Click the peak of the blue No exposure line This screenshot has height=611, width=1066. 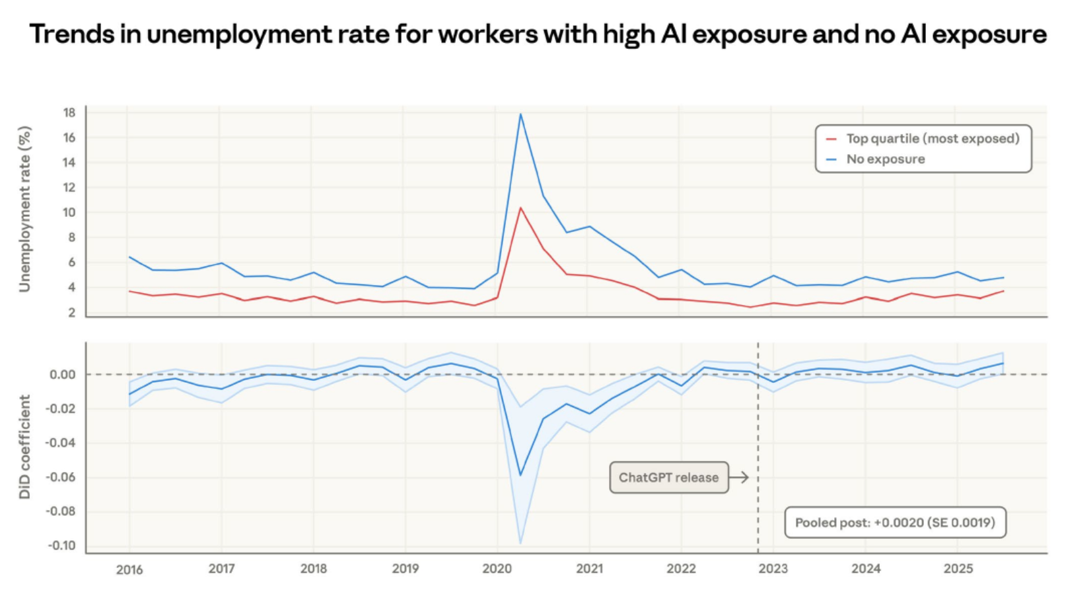520,114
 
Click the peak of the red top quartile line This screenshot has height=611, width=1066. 520,208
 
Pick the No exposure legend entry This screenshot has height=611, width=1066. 885,159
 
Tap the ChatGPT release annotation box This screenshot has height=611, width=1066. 668,477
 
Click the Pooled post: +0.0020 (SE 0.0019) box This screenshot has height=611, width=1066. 895,522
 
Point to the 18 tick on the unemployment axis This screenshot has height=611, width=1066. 69,112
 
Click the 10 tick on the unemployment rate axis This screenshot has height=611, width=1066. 69,213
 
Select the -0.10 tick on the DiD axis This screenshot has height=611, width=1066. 61,546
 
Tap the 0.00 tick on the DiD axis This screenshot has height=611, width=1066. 63,374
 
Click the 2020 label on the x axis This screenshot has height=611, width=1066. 497,569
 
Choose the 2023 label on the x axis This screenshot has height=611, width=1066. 773,569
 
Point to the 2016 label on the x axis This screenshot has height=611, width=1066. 129,569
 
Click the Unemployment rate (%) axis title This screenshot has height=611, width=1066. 25,209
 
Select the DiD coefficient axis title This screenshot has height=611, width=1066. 25,447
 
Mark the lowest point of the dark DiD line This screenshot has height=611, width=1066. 520,475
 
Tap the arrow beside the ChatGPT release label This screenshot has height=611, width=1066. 739,477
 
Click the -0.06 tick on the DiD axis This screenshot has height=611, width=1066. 61,477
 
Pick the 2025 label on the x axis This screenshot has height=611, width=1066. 958,569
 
